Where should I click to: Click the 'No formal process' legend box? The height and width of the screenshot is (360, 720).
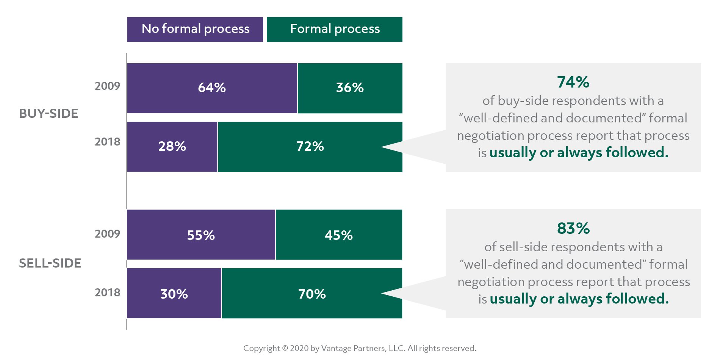[195, 29]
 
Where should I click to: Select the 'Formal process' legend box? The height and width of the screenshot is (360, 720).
[334, 29]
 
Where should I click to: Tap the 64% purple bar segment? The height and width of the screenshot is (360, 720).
[212, 88]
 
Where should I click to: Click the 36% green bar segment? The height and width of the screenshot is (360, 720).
[350, 88]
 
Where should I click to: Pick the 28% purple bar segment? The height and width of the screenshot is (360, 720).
[172, 147]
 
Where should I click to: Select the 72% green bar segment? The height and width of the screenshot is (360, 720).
[310, 147]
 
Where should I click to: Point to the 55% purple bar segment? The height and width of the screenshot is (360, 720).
[201, 235]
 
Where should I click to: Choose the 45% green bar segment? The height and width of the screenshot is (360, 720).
[338, 235]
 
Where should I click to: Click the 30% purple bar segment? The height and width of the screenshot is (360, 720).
[174, 294]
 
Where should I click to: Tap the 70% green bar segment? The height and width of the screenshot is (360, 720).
[311, 294]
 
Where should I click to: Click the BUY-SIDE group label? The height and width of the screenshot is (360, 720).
[49, 114]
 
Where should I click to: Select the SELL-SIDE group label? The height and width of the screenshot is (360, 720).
[50, 263]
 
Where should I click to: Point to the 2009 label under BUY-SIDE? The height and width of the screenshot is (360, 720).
[107, 86]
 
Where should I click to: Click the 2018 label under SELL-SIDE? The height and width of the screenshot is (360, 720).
[107, 293]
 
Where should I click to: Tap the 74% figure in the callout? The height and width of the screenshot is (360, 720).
[573, 82]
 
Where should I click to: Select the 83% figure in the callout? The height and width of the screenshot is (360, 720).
[573, 229]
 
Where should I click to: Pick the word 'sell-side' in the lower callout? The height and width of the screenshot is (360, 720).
[524, 247]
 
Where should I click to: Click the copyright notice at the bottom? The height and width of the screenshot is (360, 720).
[360, 348]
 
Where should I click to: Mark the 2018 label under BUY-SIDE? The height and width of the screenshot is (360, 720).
[107, 142]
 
